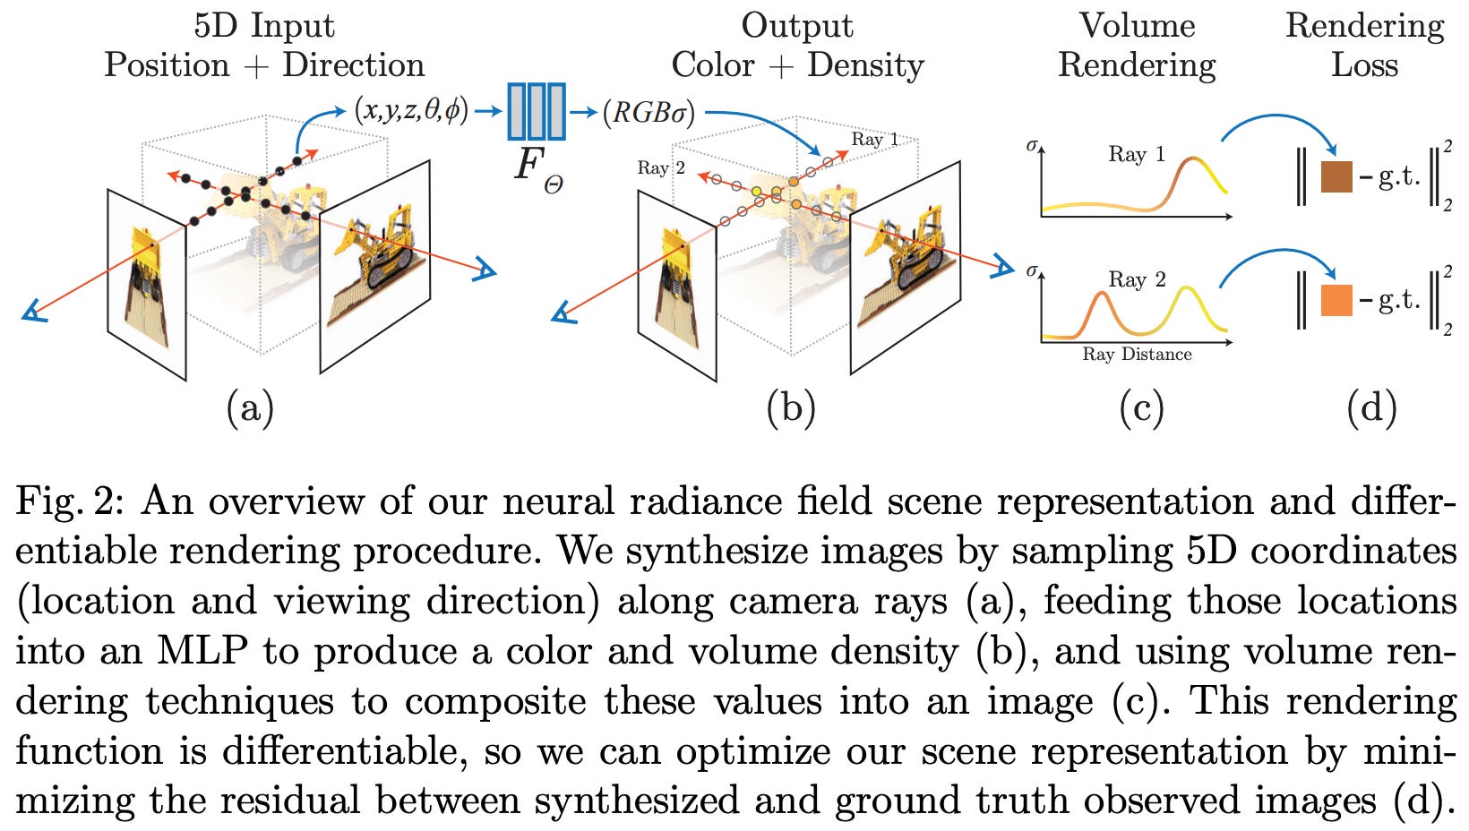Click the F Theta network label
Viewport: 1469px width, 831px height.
pyautogui.click(x=537, y=170)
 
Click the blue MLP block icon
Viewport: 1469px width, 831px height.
pyautogui.click(x=537, y=111)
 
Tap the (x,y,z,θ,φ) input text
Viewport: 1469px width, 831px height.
pyautogui.click(x=410, y=110)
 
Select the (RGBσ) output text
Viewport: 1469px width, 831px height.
pyautogui.click(x=649, y=113)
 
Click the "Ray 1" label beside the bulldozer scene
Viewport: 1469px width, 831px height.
pyautogui.click(x=874, y=139)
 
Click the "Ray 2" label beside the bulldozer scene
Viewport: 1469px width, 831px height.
pyautogui.click(x=661, y=167)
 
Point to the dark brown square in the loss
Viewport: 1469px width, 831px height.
pyautogui.click(x=1336, y=176)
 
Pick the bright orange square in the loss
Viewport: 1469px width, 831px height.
pyautogui.click(x=1336, y=300)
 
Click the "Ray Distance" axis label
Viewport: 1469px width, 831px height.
pyautogui.click(x=1137, y=355)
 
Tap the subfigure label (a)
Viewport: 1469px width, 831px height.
pyautogui.click(x=250, y=408)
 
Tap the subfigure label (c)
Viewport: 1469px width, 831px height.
pyautogui.click(x=1141, y=408)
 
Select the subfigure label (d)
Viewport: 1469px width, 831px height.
pyautogui.click(x=1371, y=408)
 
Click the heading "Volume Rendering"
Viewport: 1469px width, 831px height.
pyautogui.click(x=1137, y=45)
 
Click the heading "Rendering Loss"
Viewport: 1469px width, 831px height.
pyautogui.click(x=1364, y=45)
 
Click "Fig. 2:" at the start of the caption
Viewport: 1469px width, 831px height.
pyautogui.click(x=71, y=501)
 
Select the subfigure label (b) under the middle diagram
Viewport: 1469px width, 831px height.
pyautogui.click(x=791, y=408)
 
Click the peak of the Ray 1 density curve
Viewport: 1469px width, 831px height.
pyautogui.click(x=1191, y=159)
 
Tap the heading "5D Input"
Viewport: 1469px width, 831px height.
pyautogui.click(x=264, y=25)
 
